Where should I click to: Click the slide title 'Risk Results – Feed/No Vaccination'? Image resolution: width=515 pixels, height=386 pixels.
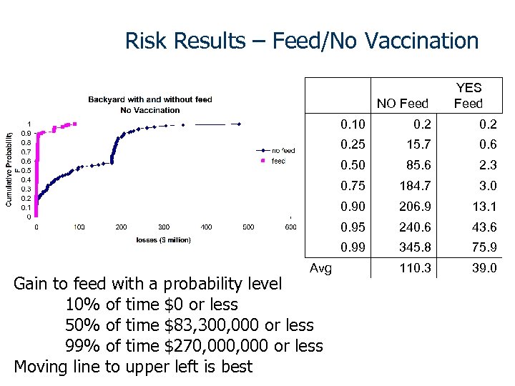coord(301,41)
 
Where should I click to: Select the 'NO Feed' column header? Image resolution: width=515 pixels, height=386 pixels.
coord(402,104)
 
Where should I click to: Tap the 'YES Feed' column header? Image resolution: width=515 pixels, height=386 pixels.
coord(469,96)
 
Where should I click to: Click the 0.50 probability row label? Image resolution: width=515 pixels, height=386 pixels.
coord(353,165)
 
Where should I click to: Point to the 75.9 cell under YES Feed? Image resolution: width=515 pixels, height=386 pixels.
coord(484,248)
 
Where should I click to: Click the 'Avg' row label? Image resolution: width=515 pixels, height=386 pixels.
coord(320,269)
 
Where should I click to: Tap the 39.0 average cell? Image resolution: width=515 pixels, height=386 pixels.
coord(484,269)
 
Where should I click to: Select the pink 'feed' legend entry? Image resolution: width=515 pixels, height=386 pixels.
coord(278,161)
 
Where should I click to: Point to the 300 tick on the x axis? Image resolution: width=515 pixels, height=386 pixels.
coord(164,227)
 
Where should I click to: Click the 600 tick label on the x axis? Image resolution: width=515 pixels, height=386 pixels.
coord(290,227)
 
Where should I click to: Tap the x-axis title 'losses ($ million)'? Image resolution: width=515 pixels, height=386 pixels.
coord(164,239)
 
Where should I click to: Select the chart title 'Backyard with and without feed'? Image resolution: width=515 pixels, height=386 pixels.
coord(150,99)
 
